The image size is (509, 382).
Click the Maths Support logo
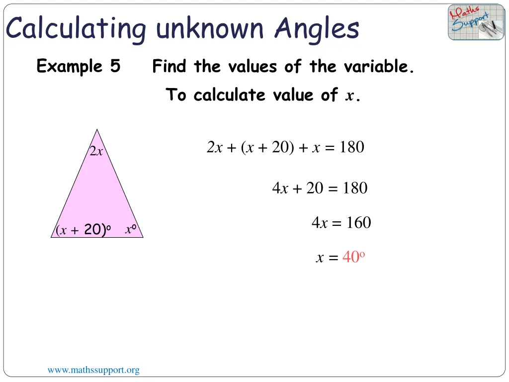476,22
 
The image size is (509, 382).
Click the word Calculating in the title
76,29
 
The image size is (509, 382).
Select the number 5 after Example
115,66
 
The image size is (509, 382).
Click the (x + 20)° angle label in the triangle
83,230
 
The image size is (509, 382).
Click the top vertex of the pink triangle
97,130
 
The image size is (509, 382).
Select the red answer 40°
354,257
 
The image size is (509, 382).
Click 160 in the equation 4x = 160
358,223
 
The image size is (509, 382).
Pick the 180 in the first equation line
351,147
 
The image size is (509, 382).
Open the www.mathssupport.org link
93,370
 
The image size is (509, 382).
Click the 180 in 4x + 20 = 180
354,188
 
